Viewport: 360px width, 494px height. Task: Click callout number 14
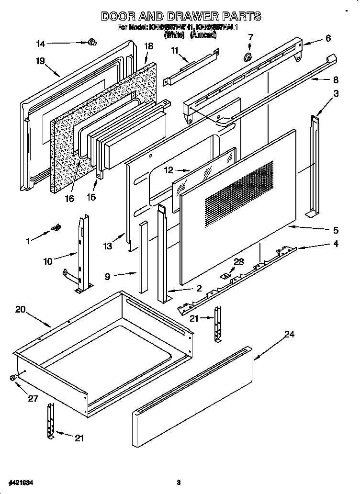(41, 44)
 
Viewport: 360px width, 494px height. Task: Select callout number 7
(250, 37)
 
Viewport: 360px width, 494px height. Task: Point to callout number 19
(40, 61)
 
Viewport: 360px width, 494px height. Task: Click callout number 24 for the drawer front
(289, 335)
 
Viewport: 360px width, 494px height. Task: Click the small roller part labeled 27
(13, 378)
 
